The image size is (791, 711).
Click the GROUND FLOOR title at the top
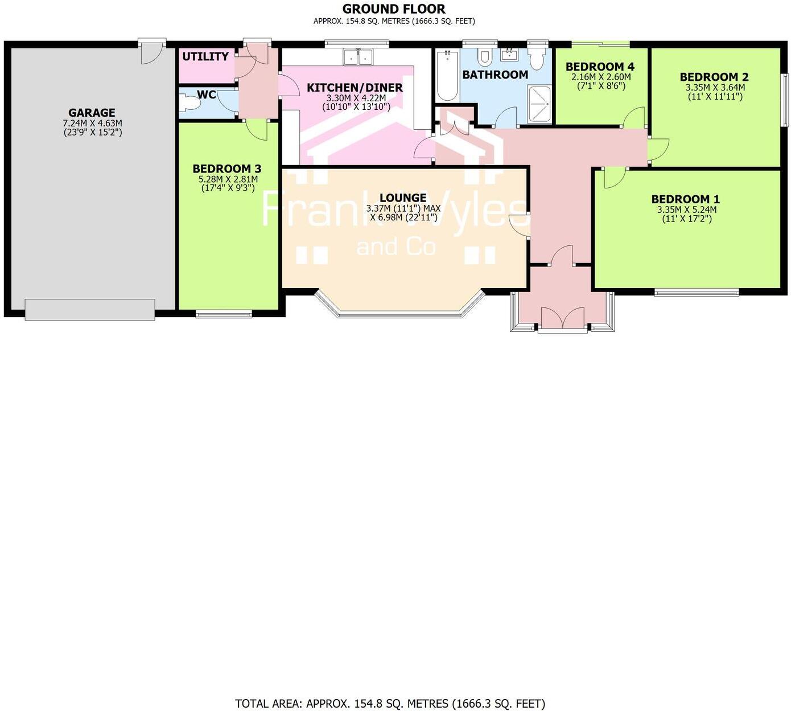[394, 9]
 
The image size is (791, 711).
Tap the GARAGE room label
[92, 113]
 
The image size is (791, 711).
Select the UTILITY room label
[205, 56]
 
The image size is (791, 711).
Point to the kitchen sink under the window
[357, 57]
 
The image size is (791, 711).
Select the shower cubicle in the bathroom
[539, 104]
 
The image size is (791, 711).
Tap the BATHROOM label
[495, 75]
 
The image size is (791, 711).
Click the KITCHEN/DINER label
[355, 88]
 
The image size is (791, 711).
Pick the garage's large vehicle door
[90, 309]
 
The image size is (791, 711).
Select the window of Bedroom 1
[697, 293]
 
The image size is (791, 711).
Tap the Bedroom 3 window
[224, 313]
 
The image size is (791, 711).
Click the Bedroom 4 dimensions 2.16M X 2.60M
[601, 77]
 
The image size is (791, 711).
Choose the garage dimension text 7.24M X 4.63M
[92, 123]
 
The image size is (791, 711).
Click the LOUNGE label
[403, 198]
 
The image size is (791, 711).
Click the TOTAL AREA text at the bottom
[390, 704]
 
